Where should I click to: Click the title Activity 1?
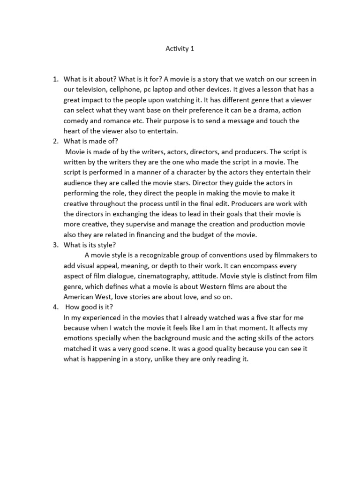[180, 48]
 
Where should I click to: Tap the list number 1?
[54, 79]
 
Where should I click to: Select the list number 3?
[54, 245]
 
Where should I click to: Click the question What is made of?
[93, 142]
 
